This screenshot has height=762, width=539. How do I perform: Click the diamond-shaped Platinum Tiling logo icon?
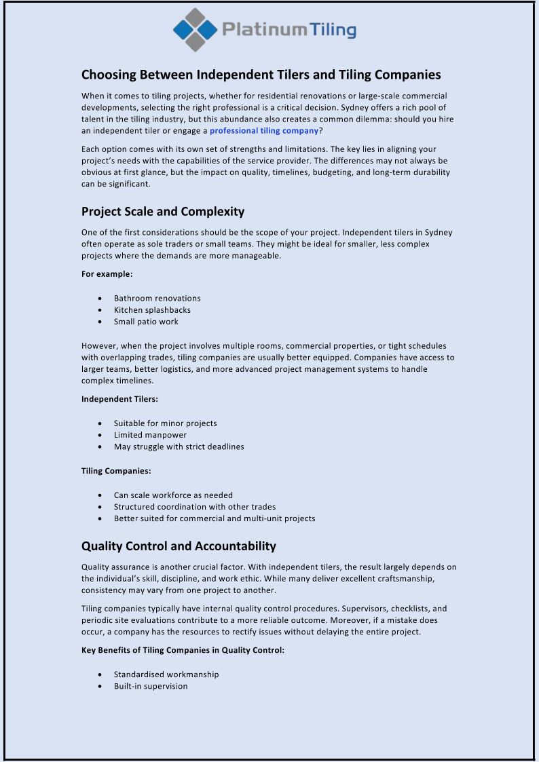[196, 30]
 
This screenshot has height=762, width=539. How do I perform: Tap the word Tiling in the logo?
[333, 30]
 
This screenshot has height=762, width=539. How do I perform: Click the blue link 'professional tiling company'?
[263, 131]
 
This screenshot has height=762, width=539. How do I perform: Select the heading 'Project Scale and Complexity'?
[163, 211]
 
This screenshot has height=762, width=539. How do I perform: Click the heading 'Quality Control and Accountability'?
[179, 546]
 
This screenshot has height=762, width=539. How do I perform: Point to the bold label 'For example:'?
[107, 274]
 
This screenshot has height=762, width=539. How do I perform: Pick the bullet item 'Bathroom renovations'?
[157, 298]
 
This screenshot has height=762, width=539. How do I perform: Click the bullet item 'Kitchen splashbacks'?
[152, 310]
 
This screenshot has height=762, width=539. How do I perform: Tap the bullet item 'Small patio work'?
[146, 322]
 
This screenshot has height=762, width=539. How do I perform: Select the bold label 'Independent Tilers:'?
[119, 399]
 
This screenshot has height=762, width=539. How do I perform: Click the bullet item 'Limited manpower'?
[150, 435]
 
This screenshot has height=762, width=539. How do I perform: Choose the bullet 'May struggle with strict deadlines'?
[179, 446]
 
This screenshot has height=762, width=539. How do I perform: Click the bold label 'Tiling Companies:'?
[116, 471]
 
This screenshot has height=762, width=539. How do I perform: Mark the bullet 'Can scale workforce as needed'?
[173, 495]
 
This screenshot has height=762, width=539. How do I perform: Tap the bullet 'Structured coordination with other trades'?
[194, 507]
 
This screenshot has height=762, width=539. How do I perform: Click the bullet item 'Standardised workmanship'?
[166, 674]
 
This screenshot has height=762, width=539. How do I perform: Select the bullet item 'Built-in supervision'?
[151, 686]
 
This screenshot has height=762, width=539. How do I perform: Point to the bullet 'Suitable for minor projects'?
[165, 423]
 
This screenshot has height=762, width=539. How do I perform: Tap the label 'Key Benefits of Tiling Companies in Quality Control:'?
[183, 650]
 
